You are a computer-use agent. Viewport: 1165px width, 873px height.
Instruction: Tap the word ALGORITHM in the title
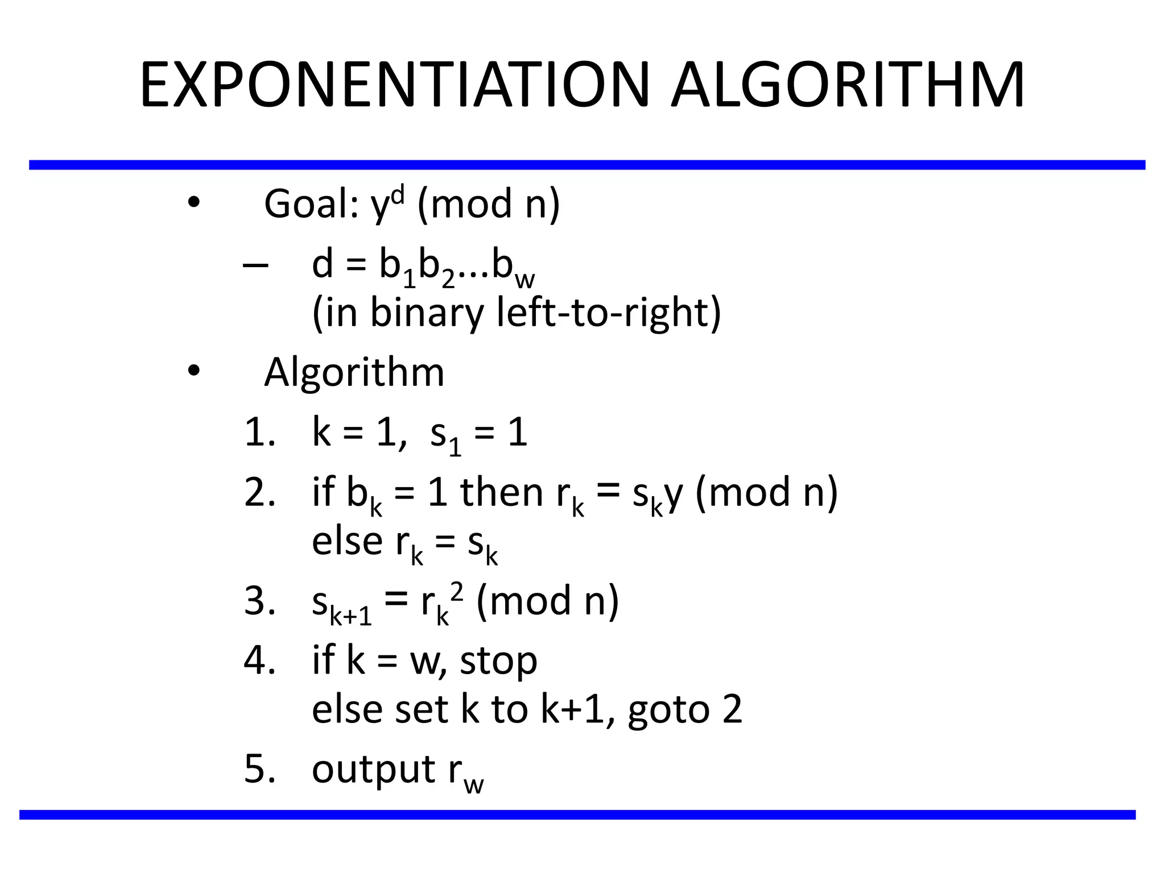click(x=848, y=85)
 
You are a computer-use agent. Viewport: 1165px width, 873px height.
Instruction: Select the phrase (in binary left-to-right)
click(x=517, y=313)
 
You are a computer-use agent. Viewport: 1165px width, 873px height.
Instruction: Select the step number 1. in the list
click(x=260, y=433)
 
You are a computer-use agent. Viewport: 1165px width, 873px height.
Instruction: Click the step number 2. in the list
click(x=260, y=492)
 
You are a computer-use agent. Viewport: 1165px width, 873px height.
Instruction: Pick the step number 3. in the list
click(x=260, y=601)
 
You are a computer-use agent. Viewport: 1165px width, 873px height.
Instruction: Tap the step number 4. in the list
click(x=260, y=660)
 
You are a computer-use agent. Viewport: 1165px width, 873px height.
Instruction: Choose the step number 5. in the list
click(x=260, y=769)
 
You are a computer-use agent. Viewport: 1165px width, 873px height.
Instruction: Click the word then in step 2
click(x=501, y=492)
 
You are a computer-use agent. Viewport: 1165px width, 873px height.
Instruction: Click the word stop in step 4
click(x=498, y=662)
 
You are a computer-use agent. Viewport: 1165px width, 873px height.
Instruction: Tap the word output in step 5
click(x=373, y=770)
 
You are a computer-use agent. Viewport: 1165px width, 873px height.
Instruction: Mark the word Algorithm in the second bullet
click(x=354, y=373)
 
